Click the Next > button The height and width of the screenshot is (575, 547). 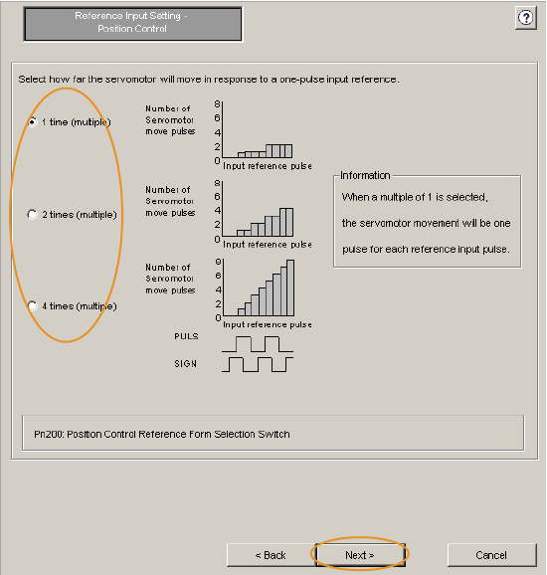point(360,555)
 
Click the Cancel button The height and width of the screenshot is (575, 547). point(491,555)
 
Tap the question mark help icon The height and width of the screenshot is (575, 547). point(526,18)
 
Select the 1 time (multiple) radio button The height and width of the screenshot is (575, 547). point(32,122)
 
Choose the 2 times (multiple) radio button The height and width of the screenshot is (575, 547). point(32,214)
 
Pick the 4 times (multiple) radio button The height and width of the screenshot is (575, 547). point(32,305)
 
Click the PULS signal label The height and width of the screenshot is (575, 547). point(186,336)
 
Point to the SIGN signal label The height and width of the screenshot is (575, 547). point(186,364)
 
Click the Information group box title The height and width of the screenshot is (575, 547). point(365,176)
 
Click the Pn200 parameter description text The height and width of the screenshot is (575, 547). point(162,434)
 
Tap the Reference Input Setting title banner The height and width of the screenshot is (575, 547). point(132,23)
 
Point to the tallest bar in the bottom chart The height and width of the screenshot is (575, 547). point(290,287)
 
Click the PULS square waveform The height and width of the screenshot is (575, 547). point(258,344)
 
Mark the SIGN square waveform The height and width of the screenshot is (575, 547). point(258,364)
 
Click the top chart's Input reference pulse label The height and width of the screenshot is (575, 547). point(268,166)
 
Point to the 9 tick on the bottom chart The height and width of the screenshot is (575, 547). point(218,262)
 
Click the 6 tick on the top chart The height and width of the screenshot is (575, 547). point(218,118)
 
